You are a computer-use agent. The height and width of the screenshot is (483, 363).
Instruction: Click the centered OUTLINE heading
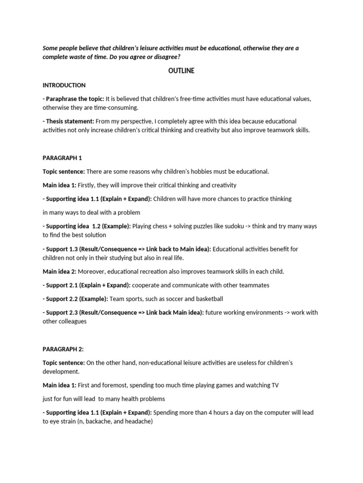181,71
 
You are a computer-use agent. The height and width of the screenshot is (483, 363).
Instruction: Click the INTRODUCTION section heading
64,85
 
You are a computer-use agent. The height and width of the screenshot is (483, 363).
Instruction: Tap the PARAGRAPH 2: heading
63,349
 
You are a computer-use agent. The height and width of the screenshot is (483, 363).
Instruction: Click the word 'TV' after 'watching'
274,385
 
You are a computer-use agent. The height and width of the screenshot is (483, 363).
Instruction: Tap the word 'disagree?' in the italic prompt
167,57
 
